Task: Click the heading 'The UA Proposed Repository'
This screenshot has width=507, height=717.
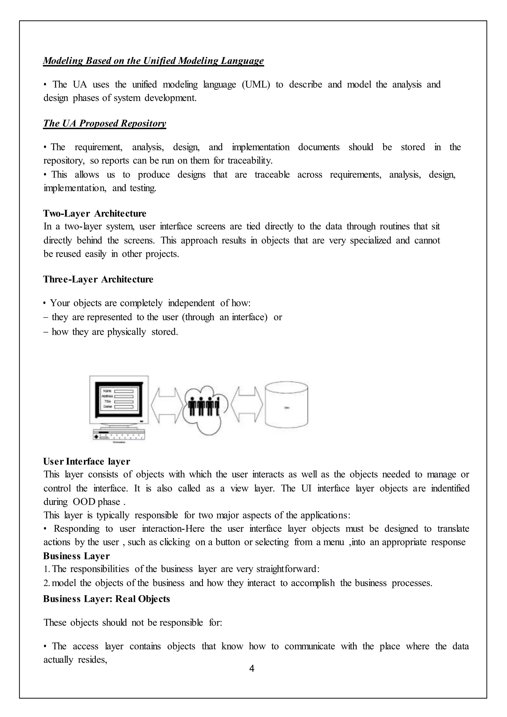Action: click(x=104, y=123)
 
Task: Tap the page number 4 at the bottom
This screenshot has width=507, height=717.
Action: click(x=252, y=668)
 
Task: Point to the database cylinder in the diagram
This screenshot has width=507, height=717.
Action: click(x=286, y=405)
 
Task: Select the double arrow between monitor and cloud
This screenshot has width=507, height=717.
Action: click(x=166, y=405)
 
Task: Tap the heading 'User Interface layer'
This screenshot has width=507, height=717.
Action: click(x=86, y=461)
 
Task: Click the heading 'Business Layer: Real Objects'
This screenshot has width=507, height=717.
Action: click(x=106, y=599)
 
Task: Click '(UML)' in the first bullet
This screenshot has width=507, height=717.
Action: click(x=256, y=84)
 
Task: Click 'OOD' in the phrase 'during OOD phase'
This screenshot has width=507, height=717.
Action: click(x=84, y=502)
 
